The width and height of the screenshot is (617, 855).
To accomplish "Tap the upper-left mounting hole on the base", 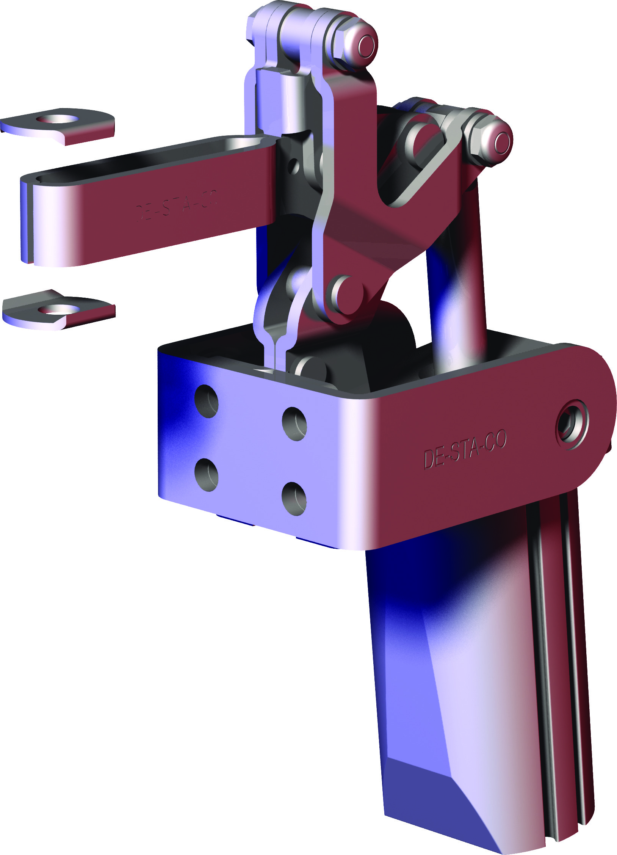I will point(207,401).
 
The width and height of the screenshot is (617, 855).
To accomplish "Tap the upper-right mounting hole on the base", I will point(294,424).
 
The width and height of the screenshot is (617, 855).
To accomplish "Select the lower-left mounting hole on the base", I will point(207,475).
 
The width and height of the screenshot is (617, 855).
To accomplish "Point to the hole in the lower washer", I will point(57,309).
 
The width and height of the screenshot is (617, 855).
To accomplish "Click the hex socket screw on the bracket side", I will point(572,424).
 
